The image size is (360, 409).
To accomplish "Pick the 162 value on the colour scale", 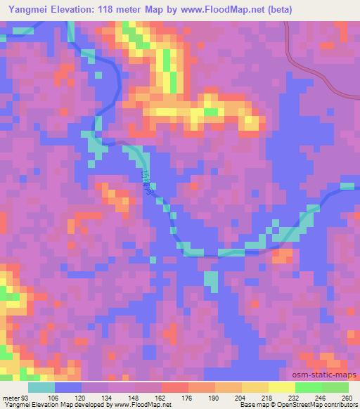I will click(x=161, y=397).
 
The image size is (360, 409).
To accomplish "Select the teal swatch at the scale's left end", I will click(x=41, y=387).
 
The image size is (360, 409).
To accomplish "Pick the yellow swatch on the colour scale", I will click(x=281, y=387).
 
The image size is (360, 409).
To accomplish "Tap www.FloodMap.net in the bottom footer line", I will click(x=146, y=405).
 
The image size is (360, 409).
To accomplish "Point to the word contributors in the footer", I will click(x=339, y=405).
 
